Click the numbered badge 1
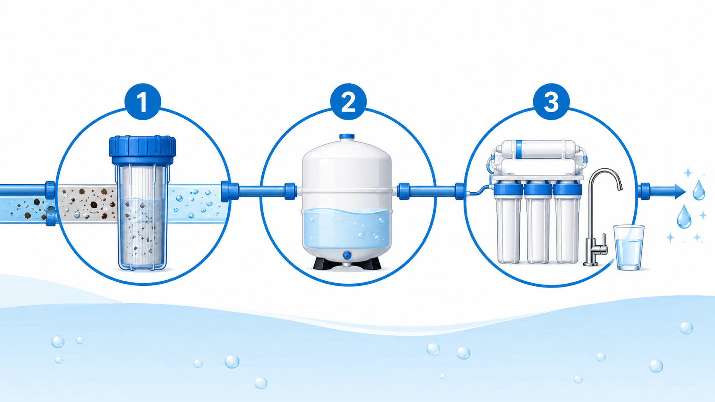pyautogui.click(x=143, y=102)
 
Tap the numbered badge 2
pyautogui.click(x=348, y=102)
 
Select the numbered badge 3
pyautogui.click(x=551, y=102)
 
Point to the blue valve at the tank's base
pyautogui.click(x=347, y=255)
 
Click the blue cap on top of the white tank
pyautogui.click(x=347, y=136)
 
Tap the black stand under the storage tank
pyautogui.click(x=347, y=264)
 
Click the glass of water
pyautogui.click(x=629, y=247)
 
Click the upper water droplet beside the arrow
pyautogui.click(x=699, y=190)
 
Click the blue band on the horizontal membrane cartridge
pyautogui.click(x=519, y=149)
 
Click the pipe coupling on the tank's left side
pyautogui.click(x=290, y=191)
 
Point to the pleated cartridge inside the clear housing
pyautogui.click(x=142, y=217)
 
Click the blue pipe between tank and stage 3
pyautogui.click(x=432, y=191)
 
